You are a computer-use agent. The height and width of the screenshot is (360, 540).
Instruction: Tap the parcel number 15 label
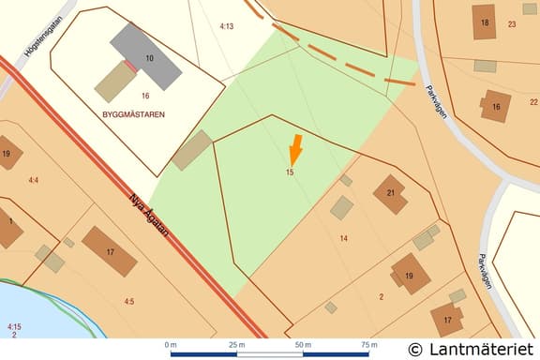pyautogui.click(x=291, y=172)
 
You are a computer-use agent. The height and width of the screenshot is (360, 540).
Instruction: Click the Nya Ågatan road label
pyautogui.click(x=150, y=210)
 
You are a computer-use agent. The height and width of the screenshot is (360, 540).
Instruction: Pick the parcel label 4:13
pyautogui.click(x=226, y=26)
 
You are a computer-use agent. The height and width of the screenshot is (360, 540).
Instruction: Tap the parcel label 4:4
pyautogui.click(x=35, y=179)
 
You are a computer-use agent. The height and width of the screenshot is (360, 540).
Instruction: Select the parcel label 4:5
pyautogui.click(x=128, y=301)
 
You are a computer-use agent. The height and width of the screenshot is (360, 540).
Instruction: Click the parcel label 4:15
pyautogui.click(x=13, y=325)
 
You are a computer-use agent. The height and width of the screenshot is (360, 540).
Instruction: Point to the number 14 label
pyautogui.click(x=343, y=238)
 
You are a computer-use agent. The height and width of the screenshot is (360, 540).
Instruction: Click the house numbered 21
pyautogui.click(x=390, y=194)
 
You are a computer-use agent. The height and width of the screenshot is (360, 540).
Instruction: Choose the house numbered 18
pyautogui.click(x=485, y=22)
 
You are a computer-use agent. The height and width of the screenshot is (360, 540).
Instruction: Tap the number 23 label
pyautogui.click(x=511, y=24)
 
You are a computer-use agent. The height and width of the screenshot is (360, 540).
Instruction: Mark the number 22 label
pyautogui.click(x=533, y=102)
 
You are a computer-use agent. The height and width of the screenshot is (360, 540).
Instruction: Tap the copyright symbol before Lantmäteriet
pyautogui.click(x=415, y=349)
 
